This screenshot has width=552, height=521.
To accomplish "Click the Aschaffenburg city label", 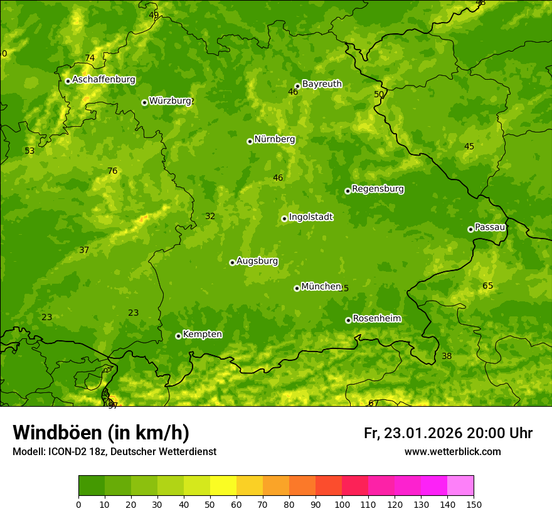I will point(103,80).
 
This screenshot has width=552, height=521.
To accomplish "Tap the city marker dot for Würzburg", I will point(144,102).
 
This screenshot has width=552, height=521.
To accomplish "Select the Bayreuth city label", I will point(322,83).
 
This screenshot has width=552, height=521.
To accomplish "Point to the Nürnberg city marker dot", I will point(250,141).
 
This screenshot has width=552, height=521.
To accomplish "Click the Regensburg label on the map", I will point(378,188).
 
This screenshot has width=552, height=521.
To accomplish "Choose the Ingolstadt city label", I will point(310,217).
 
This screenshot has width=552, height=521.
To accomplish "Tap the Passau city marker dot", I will point(470,229).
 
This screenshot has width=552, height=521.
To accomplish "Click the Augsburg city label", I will point(257,261).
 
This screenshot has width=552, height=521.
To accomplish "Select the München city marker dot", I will point(297,288).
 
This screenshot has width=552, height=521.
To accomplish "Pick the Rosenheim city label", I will point(376,318).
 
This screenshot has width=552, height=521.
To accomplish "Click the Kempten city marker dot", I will point(178,336).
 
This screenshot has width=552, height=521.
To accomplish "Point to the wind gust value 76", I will point(112,171).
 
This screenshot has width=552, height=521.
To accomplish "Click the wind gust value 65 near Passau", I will point(487,286).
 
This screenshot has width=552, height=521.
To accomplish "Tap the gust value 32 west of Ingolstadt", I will point(210,216).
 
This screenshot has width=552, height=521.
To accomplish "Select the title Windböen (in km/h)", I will point(101,432).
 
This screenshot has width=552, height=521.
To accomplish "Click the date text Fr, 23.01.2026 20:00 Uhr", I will point(448,433).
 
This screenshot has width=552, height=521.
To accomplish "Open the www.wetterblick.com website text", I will point(452,451).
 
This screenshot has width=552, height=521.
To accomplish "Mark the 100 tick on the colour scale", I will point(342,504).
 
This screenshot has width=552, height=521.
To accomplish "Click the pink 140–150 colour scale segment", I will point(460,486).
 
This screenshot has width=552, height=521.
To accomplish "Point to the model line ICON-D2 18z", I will point(114,451).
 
